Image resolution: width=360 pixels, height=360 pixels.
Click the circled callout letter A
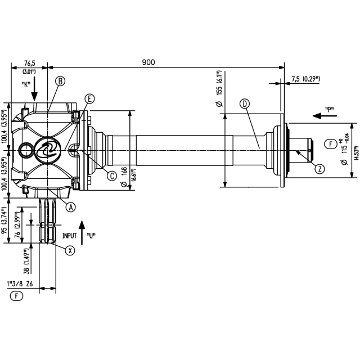pyautogui.click(x=71, y=207)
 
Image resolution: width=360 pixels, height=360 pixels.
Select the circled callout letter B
pyautogui.click(x=60, y=81)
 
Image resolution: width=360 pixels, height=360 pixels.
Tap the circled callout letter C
pyautogui.click(x=112, y=176)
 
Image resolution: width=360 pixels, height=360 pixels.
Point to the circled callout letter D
pyautogui.click(x=245, y=104)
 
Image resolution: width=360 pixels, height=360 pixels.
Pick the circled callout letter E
pyautogui.click(x=89, y=99)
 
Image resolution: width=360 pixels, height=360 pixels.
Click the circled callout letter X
pyautogui.click(x=70, y=250)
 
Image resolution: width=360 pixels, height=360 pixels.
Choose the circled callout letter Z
pyautogui.click(x=320, y=169)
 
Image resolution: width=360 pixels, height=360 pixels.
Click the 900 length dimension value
pyautogui.click(x=148, y=62)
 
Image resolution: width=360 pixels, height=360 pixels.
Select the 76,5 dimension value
pyautogui.click(x=30, y=63)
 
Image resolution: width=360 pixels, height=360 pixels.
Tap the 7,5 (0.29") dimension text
pyautogui.click(x=306, y=79)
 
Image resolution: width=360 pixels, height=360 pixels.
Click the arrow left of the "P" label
pyautogui.click(x=325, y=116)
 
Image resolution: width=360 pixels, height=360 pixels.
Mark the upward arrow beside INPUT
pyautogui.click(x=82, y=232)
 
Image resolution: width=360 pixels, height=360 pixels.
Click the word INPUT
pyautogui.click(x=70, y=236)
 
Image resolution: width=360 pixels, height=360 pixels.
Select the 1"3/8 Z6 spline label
pyautogui.click(x=20, y=284)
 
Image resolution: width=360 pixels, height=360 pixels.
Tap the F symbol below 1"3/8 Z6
pyautogui.click(x=16, y=296)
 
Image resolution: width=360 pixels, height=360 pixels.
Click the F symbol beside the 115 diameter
pyautogui.click(x=331, y=144)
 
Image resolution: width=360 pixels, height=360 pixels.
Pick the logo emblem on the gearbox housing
pyautogui.click(x=48, y=150)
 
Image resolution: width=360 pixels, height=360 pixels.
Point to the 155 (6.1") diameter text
pyautogui.click(x=219, y=89)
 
